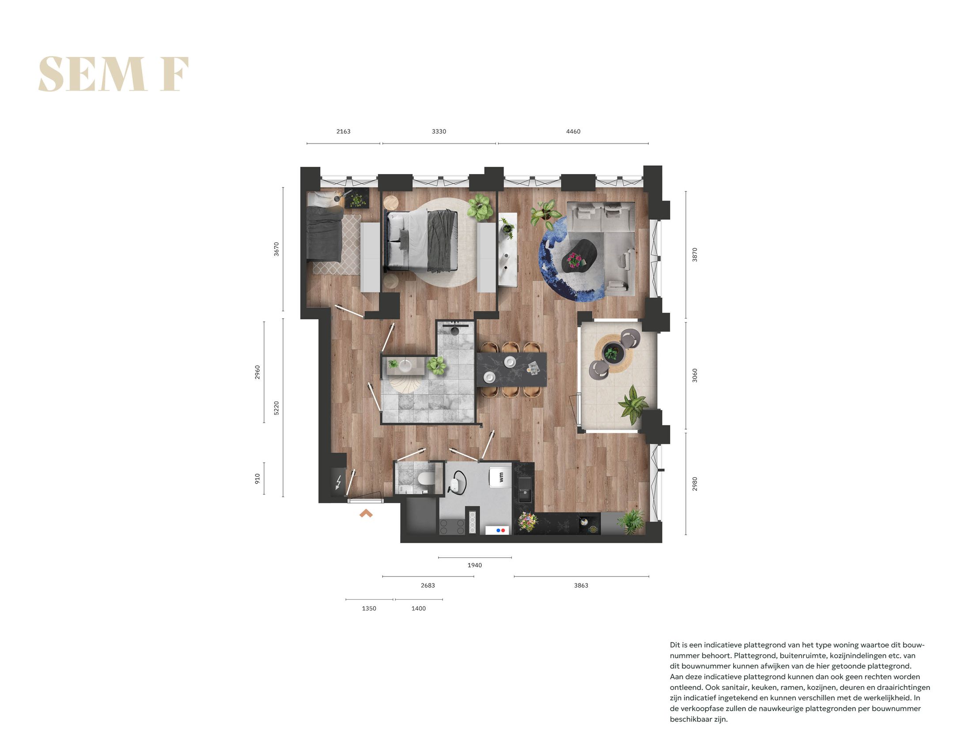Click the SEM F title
tap(114, 74)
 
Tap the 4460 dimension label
tap(573, 132)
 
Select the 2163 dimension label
tap(343, 132)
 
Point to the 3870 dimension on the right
tap(694, 255)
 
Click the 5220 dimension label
tap(276, 408)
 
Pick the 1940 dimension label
tap(474, 565)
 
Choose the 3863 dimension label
tap(581, 585)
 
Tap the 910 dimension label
tap(257, 478)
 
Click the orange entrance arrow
tap(366, 513)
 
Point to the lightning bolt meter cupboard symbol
tap(339, 482)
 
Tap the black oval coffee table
tap(579, 256)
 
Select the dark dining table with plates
tap(511, 369)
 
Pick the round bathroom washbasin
tap(405, 365)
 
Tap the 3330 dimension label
tap(439, 132)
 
